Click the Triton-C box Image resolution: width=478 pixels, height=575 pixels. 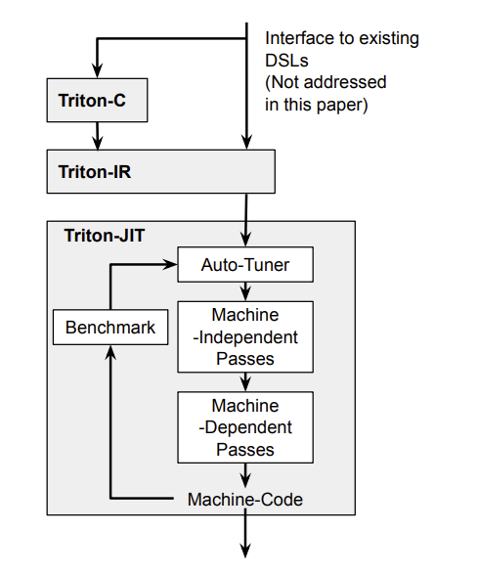97,101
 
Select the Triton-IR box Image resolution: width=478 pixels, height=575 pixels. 161,171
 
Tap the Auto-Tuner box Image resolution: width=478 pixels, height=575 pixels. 244,265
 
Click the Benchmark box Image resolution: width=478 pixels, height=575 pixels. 109,327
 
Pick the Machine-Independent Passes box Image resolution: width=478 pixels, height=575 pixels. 244,336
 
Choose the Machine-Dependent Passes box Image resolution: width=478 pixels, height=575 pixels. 244,427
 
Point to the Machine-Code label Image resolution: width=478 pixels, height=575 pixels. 244,499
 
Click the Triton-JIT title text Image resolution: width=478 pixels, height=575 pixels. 105,236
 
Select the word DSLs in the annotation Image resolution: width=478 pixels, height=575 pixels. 285,60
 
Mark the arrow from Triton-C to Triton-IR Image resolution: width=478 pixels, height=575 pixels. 97,135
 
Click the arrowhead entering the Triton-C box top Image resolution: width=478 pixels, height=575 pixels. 97,71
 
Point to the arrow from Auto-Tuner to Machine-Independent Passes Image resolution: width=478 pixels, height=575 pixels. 244,290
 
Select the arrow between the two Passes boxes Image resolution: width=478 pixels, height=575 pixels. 244,382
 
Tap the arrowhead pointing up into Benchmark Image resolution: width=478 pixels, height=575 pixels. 109,353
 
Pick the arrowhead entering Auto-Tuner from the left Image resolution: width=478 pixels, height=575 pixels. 171,265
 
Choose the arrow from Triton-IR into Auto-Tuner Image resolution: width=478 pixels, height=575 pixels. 244,220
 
